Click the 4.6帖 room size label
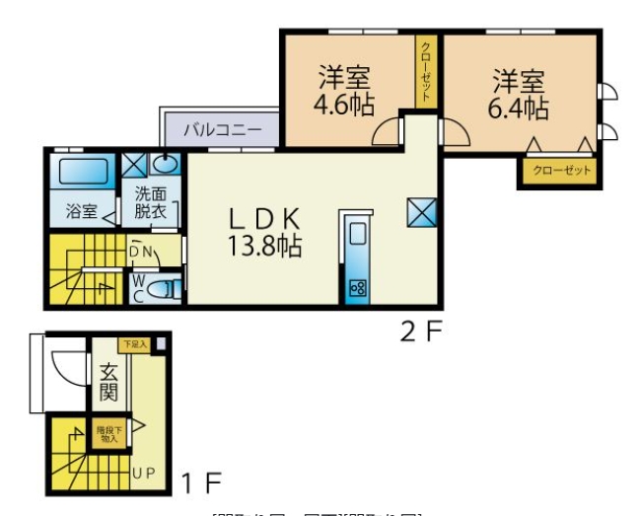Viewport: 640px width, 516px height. tap(345, 105)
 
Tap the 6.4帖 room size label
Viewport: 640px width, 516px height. tap(518, 105)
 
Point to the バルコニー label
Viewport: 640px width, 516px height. tap(223, 129)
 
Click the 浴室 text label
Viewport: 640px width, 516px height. tap(81, 211)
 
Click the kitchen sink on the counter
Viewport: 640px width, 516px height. tap(356, 235)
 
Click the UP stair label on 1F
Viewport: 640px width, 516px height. tap(144, 473)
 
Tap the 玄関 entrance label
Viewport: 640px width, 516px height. tap(108, 383)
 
